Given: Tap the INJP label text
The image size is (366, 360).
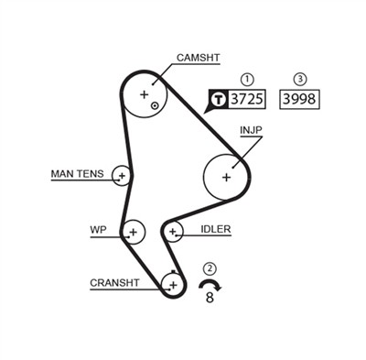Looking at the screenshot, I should [x=252, y=131].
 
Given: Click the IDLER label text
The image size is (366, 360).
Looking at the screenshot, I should [x=216, y=229].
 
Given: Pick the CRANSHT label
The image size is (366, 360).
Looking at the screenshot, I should [x=114, y=283].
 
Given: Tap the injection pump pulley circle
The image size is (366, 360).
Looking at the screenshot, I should [x=226, y=176].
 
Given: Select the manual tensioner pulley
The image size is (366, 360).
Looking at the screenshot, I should [x=122, y=175].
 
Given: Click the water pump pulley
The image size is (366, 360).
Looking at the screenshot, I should [x=134, y=232].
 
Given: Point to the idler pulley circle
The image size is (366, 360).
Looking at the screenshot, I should [x=172, y=232].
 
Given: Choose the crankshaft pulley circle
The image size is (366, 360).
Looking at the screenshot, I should [x=172, y=285].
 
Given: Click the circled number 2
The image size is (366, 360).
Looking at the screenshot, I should [x=210, y=268].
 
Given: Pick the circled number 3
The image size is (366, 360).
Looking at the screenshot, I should [x=300, y=79].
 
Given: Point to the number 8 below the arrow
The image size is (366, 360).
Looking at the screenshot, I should [x=210, y=297].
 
